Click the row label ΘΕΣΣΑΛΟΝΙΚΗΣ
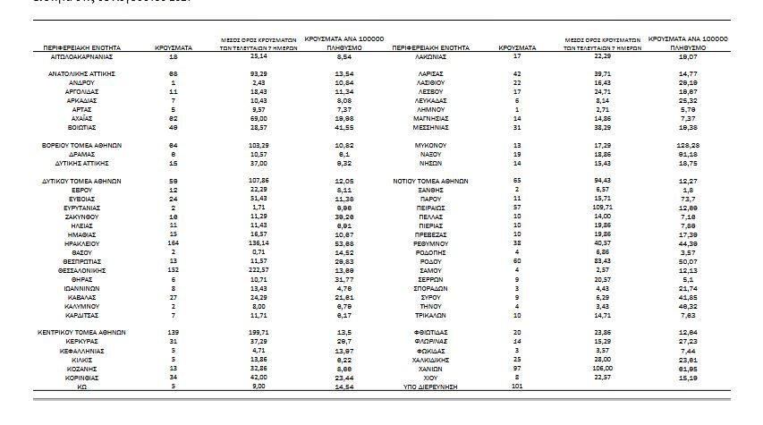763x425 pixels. coord(88,269)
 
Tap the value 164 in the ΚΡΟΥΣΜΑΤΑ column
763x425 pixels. coord(175,242)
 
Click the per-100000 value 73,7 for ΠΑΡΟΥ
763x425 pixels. coord(688,198)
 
